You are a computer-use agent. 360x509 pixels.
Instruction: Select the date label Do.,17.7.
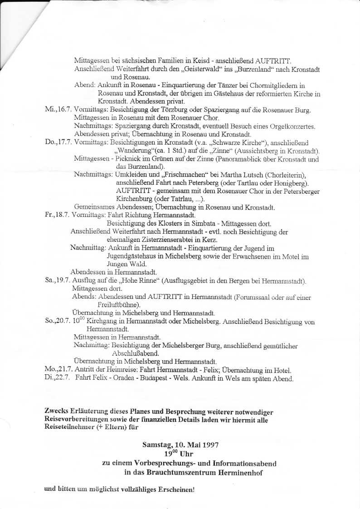tap(58, 142)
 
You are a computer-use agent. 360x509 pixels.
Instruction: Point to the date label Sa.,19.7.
tap(57, 280)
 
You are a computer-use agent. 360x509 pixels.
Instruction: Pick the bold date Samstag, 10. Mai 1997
tap(180, 445)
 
